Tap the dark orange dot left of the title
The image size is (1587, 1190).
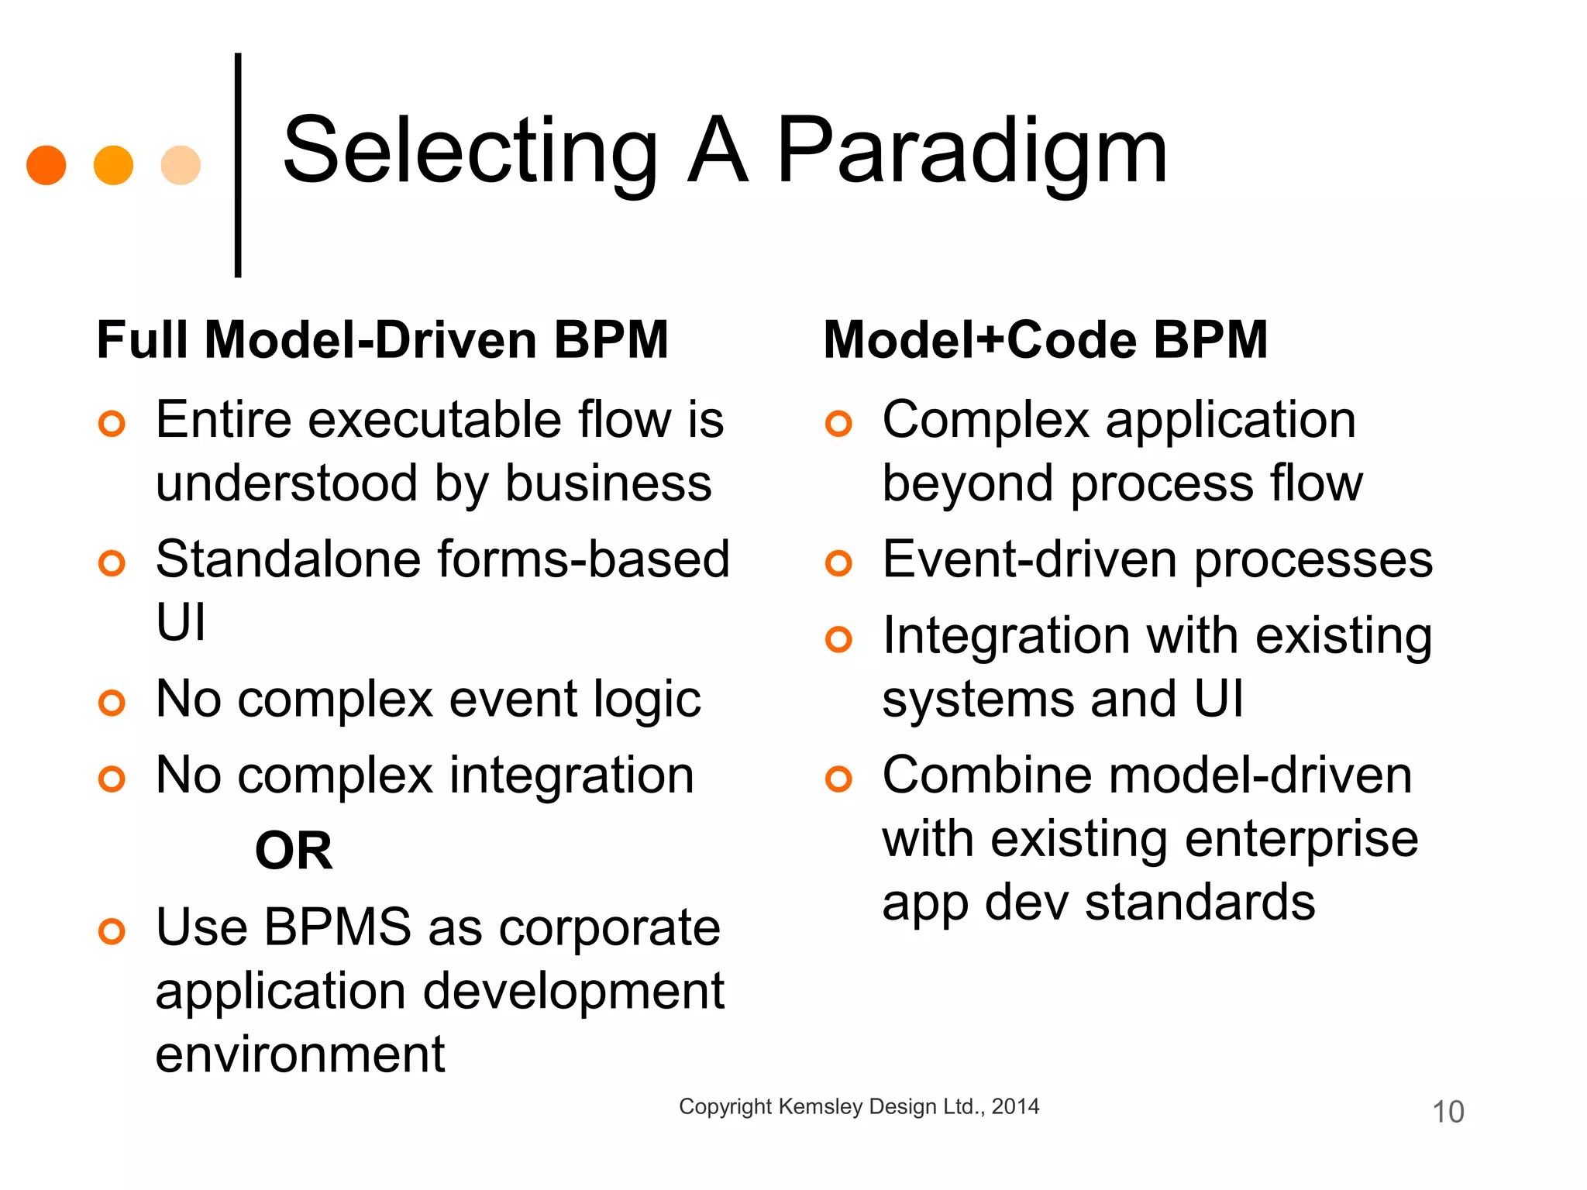point(46,165)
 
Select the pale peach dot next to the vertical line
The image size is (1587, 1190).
point(181,165)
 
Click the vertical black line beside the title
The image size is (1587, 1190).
point(238,165)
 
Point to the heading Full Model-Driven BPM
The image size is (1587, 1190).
point(382,339)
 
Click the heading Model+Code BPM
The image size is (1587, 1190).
point(1045,339)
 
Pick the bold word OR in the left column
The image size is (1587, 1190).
point(294,851)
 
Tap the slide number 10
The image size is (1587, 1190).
point(1448,1112)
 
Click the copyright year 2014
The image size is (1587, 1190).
point(1015,1106)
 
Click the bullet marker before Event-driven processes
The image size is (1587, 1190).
point(838,563)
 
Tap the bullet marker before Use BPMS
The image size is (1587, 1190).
point(112,930)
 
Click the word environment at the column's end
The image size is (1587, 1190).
point(300,1054)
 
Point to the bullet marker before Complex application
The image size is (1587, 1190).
point(838,424)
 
